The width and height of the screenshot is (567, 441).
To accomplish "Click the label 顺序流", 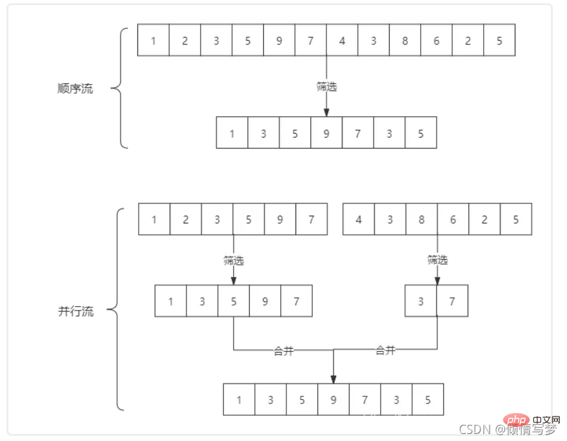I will point(75,89).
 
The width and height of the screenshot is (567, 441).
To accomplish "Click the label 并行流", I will point(76,312).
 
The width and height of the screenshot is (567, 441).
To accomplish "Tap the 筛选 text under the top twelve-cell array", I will point(326,87).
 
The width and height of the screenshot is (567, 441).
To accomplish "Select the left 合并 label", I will point(284,351).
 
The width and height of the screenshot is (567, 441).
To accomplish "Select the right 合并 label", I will point(386,351).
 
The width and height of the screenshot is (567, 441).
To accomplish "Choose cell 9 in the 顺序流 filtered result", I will point(326,134).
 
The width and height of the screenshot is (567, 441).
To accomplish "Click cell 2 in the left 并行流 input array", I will point(186,220).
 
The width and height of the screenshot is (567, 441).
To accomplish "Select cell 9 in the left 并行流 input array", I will point(280,220).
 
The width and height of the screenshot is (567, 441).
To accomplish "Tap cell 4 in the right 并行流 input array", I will point(359,220).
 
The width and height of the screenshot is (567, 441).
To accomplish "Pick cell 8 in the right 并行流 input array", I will point(421,220).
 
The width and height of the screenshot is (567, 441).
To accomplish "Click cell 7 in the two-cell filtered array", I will point(452,301).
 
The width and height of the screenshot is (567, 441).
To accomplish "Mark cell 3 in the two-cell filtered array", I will point(421,301).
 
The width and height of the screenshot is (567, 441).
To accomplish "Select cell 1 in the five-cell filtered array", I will point(171,301).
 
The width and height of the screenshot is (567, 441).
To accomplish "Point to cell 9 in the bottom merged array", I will point(333,400).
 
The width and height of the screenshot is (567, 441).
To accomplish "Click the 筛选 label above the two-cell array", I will point(437,260).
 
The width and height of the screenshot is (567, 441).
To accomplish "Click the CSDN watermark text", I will point(471,429).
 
